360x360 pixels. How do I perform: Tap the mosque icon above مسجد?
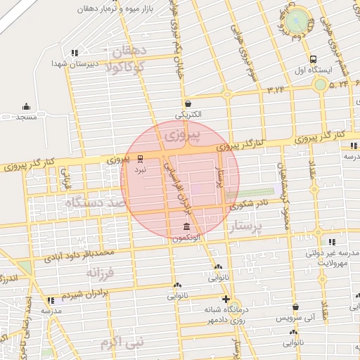[x=27, y=107]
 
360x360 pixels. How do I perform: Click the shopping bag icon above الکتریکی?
[x=188, y=103]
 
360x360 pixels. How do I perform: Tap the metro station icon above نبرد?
[x=140, y=159]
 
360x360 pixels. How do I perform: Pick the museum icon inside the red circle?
[x=186, y=227]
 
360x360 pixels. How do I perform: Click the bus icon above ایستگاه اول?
[x=313, y=60]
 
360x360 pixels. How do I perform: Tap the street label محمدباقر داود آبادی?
[x=77, y=254]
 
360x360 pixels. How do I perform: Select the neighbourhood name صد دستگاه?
[x=94, y=202]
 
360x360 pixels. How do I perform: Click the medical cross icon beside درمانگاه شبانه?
[x=225, y=299]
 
